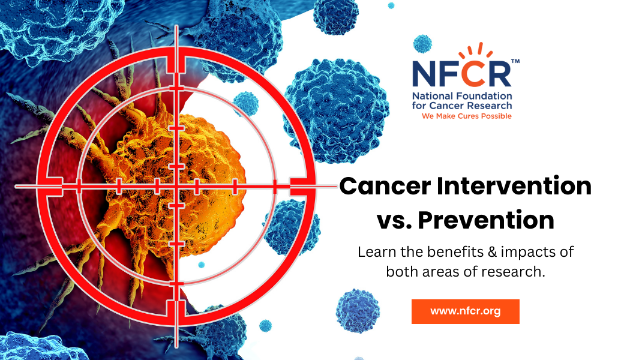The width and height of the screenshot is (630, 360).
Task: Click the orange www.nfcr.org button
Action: pyautogui.click(x=465, y=311)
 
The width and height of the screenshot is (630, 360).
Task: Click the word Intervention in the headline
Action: pyautogui.click(x=514, y=186)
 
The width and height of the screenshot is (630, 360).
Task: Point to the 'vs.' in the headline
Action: pyautogui.click(x=394, y=221)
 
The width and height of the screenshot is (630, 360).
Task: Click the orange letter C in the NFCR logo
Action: pyautogui.click(x=472, y=73)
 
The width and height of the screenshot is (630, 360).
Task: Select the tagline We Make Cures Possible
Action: pyautogui.click(x=466, y=116)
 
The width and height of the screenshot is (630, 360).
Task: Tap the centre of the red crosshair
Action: pyautogui.click(x=176, y=187)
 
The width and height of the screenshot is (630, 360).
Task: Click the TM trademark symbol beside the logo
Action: pyautogui.click(x=515, y=61)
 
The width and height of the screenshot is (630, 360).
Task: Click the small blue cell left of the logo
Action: pyautogui.click(x=422, y=44)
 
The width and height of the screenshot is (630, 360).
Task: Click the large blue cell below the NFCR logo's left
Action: pyautogui.click(x=337, y=110)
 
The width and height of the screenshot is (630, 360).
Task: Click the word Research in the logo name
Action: pyautogui.click(x=489, y=106)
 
